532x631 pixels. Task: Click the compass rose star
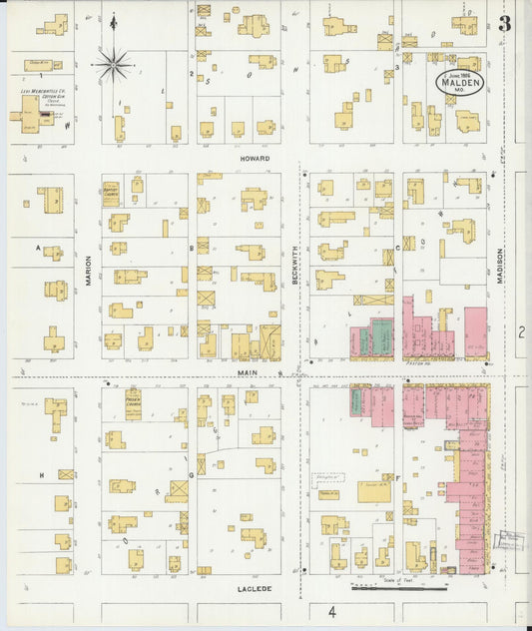tap(114, 66)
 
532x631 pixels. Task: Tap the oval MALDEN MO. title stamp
tap(458, 84)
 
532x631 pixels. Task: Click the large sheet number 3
tap(505, 25)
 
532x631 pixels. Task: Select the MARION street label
tap(88, 268)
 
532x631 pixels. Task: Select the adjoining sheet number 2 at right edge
tap(521, 330)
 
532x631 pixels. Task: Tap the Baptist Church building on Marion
tap(112, 190)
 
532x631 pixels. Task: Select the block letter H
tap(41, 475)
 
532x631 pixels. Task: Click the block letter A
tap(38, 248)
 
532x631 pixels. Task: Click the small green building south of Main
tap(354, 402)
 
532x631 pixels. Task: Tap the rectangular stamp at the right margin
tap(512, 541)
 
